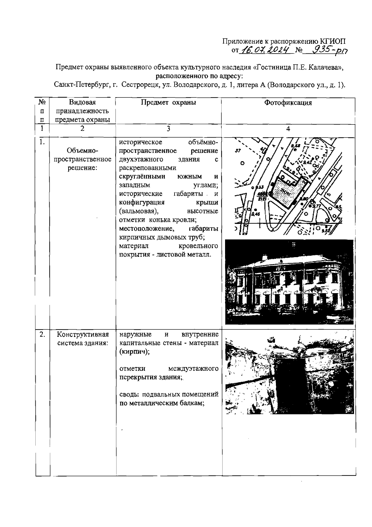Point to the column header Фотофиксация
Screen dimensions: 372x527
(288, 103)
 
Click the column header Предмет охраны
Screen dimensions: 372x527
(168, 103)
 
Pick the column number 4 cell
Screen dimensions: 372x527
(288, 129)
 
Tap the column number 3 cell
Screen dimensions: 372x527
(168, 129)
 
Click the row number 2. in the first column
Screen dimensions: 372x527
(42, 334)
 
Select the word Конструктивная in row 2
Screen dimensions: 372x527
(83, 334)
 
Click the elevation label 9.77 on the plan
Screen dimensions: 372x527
(317, 206)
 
